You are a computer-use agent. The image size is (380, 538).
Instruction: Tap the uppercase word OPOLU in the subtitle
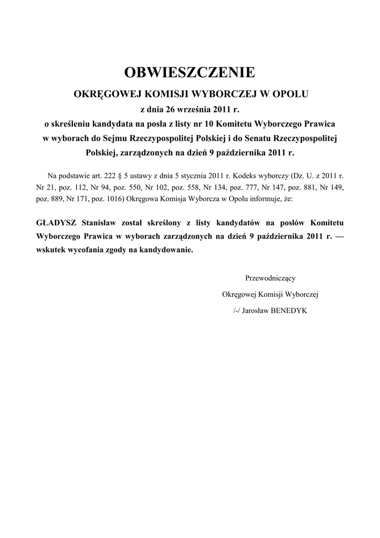(x=291, y=95)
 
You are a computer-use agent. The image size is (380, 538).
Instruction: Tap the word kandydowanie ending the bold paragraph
(x=165, y=250)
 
